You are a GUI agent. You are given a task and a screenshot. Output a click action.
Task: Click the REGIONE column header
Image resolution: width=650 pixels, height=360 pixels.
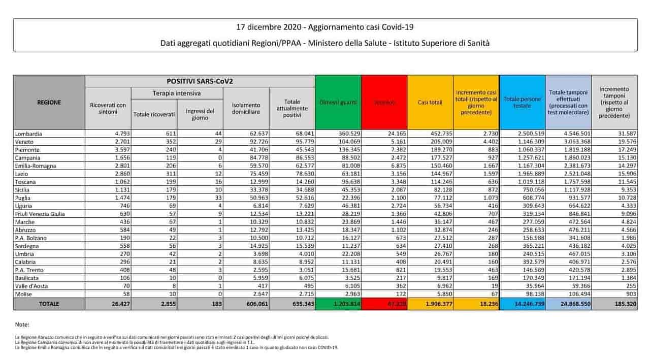(x=49, y=102)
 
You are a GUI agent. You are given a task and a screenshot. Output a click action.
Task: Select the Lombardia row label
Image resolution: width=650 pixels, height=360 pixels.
(x=29, y=134)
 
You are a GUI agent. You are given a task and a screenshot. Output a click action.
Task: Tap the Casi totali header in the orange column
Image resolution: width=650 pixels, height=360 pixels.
(x=430, y=103)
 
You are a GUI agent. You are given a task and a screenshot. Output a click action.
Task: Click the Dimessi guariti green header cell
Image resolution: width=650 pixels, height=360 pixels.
(x=338, y=103)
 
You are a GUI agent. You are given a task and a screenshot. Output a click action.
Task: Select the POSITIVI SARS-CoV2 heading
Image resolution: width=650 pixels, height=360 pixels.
(x=200, y=81)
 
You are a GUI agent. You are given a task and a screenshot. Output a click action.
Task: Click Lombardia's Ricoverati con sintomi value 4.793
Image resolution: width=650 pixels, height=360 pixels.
(x=117, y=134)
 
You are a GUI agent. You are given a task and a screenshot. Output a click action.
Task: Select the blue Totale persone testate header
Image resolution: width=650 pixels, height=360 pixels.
(x=523, y=102)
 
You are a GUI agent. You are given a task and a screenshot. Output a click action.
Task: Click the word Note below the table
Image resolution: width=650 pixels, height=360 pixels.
(x=22, y=324)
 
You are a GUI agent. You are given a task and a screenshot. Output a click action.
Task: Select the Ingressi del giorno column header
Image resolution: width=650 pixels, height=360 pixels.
(x=200, y=114)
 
